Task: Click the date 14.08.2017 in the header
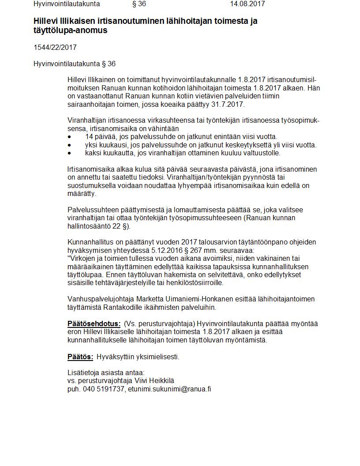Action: pos(247,4)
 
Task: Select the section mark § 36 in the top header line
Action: pos(139,4)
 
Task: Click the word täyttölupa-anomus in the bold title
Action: pos(71,30)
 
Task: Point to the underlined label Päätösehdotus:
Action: pos(94,324)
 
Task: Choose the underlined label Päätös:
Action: pos(80,357)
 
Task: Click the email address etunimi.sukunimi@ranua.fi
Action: pos(169,389)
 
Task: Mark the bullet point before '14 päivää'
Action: pos(69,137)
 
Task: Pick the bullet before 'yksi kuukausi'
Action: pos(69,145)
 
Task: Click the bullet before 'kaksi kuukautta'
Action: pos(69,153)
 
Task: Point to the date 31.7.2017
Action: pos(228,104)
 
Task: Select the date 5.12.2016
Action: pos(161,250)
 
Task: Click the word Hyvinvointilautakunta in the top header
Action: pos(67,4)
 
